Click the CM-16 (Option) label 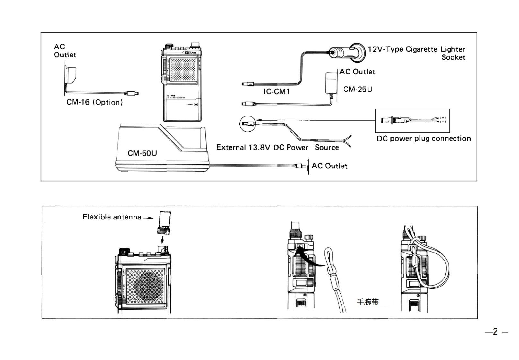[x=94, y=102]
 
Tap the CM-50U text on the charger [x=142, y=153]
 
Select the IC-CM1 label [x=276, y=92]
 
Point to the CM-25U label [x=358, y=90]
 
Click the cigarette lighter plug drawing [x=347, y=52]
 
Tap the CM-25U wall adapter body [x=332, y=83]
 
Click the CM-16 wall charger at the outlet [x=71, y=75]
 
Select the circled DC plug [x=248, y=124]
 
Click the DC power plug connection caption [x=424, y=139]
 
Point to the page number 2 [x=496, y=331]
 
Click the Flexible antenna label [x=112, y=217]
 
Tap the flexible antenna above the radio [x=165, y=221]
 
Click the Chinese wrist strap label [x=368, y=302]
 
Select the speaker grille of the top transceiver [x=182, y=70]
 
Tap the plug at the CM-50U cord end [x=300, y=166]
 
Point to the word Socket [x=453, y=57]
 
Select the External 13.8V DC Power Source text [x=277, y=148]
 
